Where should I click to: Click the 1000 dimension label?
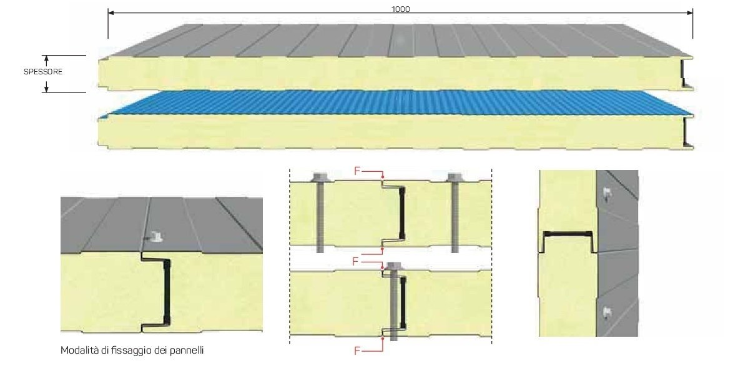tap(400, 9)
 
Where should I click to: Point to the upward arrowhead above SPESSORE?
tap(46, 59)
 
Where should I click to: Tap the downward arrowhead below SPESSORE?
tap(46, 88)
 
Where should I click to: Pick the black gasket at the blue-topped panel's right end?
tap(687, 133)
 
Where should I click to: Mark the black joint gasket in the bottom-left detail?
tap(167, 292)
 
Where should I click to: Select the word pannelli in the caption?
tap(186, 351)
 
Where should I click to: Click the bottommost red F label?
tap(357, 351)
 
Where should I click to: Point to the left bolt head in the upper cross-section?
tap(320, 177)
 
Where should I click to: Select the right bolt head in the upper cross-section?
tap(454, 177)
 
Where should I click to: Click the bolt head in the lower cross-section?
tap(393, 266)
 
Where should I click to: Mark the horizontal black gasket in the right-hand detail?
tap(567, 233)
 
